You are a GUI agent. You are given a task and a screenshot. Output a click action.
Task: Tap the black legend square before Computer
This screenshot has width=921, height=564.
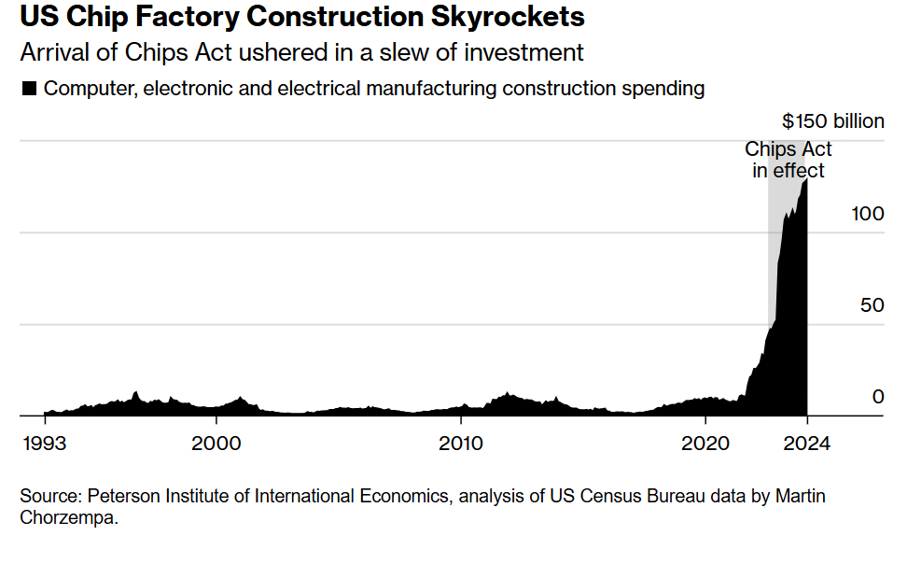click(x=29, y=89)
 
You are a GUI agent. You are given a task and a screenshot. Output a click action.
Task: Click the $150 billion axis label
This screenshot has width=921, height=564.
click(x=832, y=121)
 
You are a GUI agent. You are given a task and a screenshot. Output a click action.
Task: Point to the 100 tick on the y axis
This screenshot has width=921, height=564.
click(x=867, y=213)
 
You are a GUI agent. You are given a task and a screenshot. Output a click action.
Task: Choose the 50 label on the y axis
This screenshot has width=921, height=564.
click(x=872, y=305)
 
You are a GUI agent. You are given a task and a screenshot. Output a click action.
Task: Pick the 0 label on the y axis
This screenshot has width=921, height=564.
click(x=877, y=397)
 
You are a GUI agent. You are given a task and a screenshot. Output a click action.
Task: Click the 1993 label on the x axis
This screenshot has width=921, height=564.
click(x=44, y=443)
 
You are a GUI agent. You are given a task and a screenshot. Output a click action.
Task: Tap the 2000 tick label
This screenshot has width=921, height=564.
click(x=216, y=443)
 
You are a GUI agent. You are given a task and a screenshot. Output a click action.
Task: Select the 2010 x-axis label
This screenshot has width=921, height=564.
click(x=461, y=443)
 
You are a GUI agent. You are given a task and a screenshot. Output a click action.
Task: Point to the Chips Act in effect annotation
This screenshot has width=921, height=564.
click(x=788, y=160)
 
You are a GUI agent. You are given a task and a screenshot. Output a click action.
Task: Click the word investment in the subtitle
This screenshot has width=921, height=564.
click(x=529, y=52)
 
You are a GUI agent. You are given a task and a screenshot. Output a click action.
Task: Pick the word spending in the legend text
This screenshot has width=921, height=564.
click(x=667, y=89)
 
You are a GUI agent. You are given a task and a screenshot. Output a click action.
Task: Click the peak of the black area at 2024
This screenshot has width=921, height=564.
click(x=806, y=180)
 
